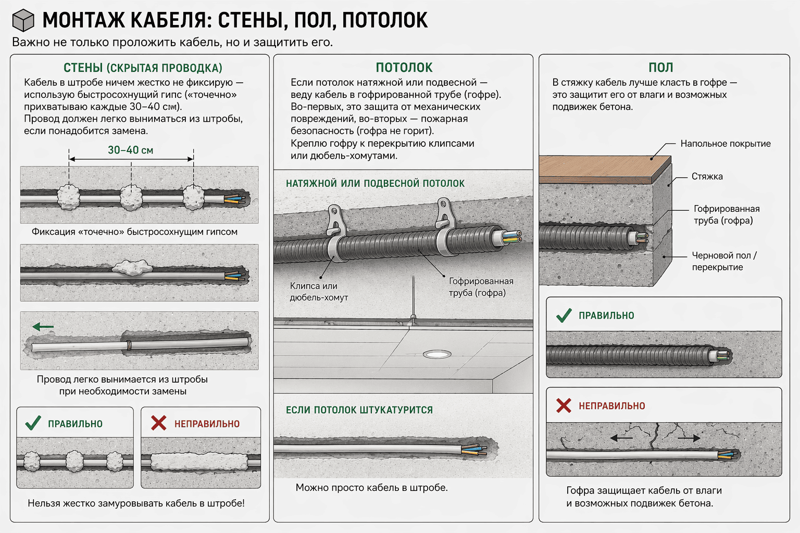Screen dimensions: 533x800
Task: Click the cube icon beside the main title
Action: (x=23, y=21)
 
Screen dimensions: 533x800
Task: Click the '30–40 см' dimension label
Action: (x=130, y=150)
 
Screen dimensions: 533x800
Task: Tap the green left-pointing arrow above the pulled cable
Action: (x=43, y=327)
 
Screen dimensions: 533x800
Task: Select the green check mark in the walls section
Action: (x=33, y=423)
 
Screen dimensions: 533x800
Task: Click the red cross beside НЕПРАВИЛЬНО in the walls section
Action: (x=158, y=423)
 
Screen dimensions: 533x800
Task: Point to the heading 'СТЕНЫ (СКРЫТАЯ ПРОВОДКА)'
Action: (x=143, y=68)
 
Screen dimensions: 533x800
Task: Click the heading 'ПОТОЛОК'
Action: (x=404, y=68)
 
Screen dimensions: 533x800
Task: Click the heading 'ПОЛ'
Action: (x=660, y=68)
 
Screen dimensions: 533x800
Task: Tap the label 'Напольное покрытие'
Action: (x=725, y=144)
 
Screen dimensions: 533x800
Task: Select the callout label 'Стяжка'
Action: (x=707, y=176)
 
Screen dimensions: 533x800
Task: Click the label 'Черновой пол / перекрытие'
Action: (x=724, y=261)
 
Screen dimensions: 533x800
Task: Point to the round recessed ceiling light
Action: (x=437, y=354)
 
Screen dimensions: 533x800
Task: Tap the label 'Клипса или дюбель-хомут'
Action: (x=319, y=291)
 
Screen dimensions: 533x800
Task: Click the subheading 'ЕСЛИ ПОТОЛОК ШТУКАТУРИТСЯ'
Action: (x=359, y=410)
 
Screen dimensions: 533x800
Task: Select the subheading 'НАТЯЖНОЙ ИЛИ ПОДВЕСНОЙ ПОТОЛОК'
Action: (x=375, y=183)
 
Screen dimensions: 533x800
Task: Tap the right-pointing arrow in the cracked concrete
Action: (x=689, y=438)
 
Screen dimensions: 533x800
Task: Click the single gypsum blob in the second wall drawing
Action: (x=133, y=268)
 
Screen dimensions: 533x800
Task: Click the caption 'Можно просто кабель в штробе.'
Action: (x=371, y=488)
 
